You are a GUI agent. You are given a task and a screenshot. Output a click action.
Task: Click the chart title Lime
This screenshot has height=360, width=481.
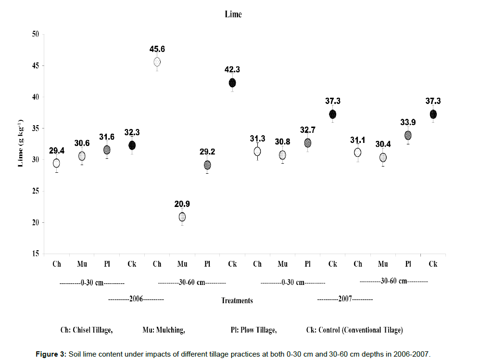[x=233, y=14]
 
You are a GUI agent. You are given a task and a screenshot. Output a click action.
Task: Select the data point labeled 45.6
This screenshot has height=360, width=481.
[x=157, y=62]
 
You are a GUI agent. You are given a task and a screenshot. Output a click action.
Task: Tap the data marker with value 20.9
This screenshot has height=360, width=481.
[x=182, y=217]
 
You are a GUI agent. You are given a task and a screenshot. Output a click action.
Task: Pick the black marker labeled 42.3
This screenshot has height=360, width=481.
[x=232, y=83]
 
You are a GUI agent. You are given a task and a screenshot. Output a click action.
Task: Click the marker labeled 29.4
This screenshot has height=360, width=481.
[x=57, y=163]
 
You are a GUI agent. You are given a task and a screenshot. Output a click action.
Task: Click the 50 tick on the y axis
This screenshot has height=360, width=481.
[x=35, y=34]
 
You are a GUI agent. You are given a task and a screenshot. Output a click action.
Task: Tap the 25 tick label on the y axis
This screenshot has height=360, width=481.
[x=35, y=191]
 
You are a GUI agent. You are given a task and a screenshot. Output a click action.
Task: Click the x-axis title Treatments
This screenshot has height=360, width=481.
[x=237, y=301]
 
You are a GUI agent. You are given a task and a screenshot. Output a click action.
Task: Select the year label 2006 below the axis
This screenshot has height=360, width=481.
[x=137, y=299]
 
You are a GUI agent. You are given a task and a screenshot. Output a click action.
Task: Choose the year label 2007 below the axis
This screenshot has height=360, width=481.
[x=345, y=299]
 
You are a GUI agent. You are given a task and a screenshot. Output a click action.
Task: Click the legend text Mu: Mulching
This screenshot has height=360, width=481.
[x=164, y=330]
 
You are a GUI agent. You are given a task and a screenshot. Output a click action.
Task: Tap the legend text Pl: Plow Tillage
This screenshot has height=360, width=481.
[x=253, y=330]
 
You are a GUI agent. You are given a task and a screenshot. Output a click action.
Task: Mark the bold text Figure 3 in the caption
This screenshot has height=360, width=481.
[x=51, y=354]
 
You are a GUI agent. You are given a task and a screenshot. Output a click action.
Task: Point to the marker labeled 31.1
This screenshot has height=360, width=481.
[x=357, y=153]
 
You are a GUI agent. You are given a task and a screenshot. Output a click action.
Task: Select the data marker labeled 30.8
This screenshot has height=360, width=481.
[x=282, y=155]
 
